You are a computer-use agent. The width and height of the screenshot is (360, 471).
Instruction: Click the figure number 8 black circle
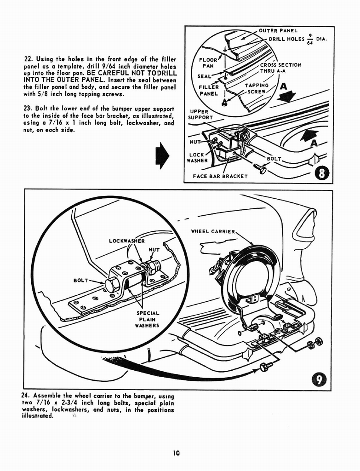(x=322, y=173)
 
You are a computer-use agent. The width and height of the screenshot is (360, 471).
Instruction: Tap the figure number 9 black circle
(x=319, y=379)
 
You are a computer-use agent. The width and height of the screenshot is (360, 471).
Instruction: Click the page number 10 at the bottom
(x=176, y=453)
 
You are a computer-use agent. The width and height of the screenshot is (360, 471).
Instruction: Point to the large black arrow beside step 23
(x=163, y=155)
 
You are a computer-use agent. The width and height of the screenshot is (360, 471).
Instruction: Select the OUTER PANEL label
(x=278, y=31)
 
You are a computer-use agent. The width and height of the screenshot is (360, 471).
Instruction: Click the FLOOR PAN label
(x=208, y=63)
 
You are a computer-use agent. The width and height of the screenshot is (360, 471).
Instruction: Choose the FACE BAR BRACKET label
(x=220, y=176)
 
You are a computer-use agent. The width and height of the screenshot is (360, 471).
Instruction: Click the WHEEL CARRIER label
(x=213, y=231)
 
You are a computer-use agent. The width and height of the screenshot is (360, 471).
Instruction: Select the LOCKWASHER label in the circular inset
(x=127, y=241)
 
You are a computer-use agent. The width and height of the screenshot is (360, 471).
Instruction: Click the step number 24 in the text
(x=25, y=396)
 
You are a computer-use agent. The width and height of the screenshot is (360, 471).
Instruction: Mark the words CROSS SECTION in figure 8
(x=280, y=65)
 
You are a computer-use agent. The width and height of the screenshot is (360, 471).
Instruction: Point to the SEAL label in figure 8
(x=204, y=76)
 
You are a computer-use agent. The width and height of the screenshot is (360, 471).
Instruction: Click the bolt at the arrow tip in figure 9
(x=264, y=367)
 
